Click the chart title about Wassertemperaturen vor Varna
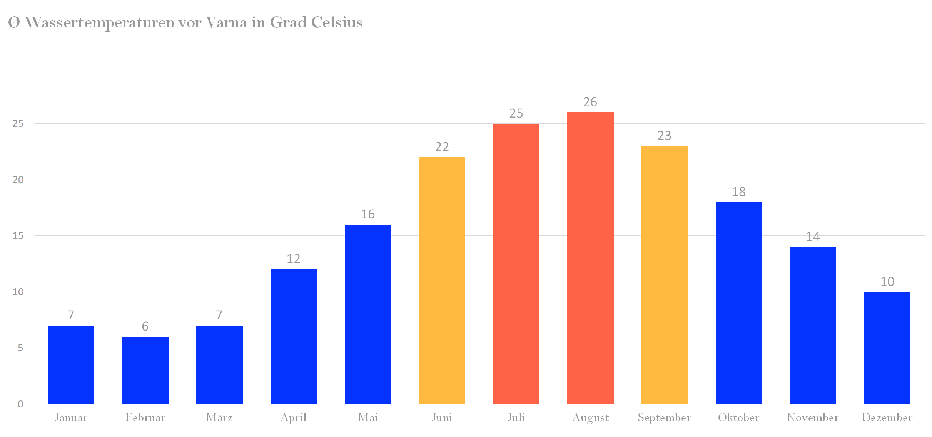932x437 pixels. pos(185,22)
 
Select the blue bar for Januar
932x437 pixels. pos(71,365)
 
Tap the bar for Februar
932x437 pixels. pos(145,370)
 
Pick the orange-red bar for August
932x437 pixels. pos(590,258)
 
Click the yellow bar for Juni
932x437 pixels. pos(442,280)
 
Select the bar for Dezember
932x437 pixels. pos(887,348)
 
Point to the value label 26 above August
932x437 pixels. pos(590,102)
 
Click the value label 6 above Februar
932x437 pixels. pos(145,326)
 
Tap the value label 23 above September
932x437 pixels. pos(664,136)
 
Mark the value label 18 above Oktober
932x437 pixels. pos(738,192)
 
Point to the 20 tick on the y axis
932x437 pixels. pos(18,180)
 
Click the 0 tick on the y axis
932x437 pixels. pos(20,404)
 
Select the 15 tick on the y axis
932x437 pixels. pos(18,235)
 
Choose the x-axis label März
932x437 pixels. pos(219,417)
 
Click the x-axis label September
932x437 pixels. pos(664,417)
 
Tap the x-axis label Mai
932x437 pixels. pos(368,417)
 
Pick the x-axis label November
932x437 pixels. pos(813,417)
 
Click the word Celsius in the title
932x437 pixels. pos(337,22)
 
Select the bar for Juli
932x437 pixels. pos(516,264)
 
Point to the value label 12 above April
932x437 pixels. pos(294,259)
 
